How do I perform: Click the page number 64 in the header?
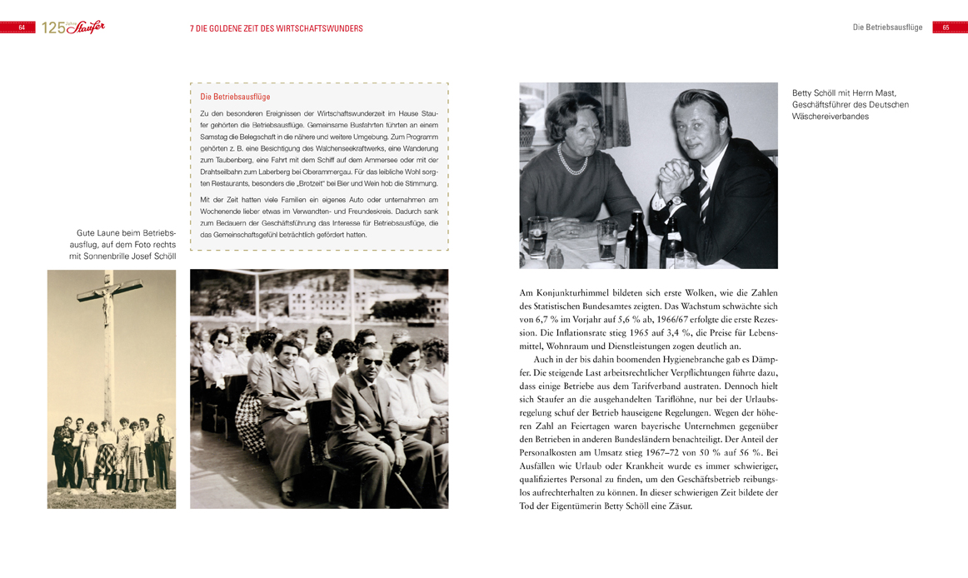coord(22,27)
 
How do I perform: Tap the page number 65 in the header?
coord(946,27)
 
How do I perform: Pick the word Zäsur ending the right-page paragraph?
coord(680,505)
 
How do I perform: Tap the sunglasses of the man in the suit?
coord(372,361)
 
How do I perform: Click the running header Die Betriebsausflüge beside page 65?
coord(887,27)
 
